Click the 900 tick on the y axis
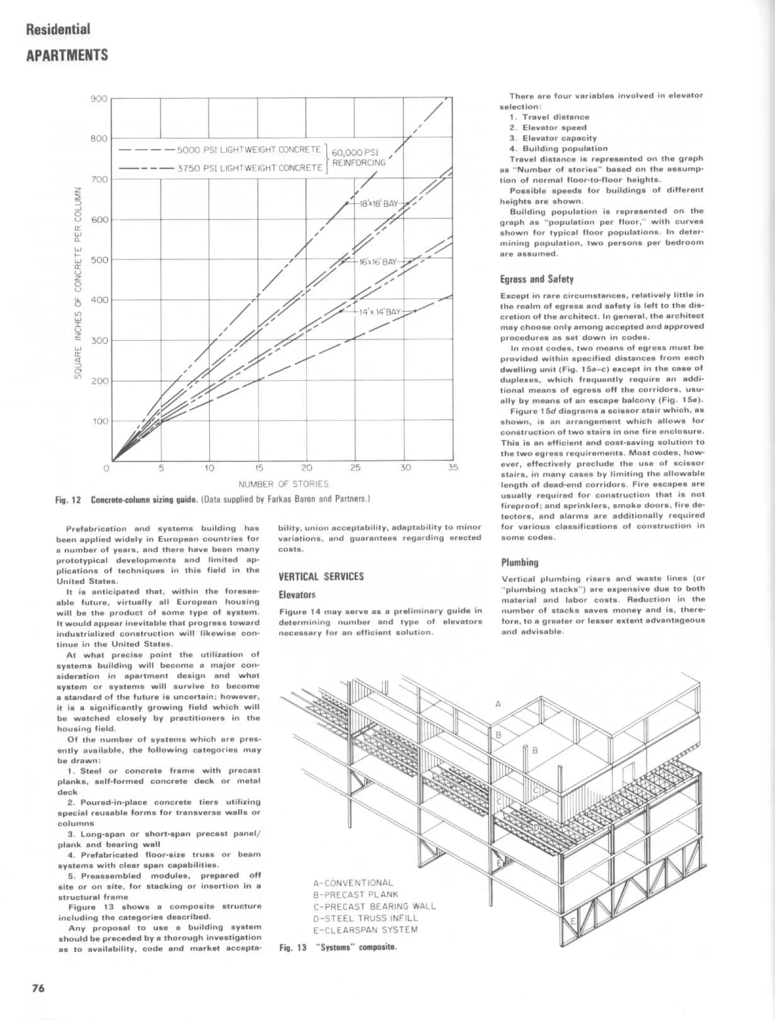pyautogui.click(x=99, y=99)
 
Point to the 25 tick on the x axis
pyautogui.click(x=355, y=467)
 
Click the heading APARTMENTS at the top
pyautogui.click(x=67, y=55)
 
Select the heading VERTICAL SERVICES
pyautogui.click(x=321, y=576)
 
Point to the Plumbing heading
pyautogui.click(x=520, y=562)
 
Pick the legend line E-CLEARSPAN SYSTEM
pyautogui.click(x=365, y=930)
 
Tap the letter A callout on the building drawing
pyautogui.click(x=498, y=704)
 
